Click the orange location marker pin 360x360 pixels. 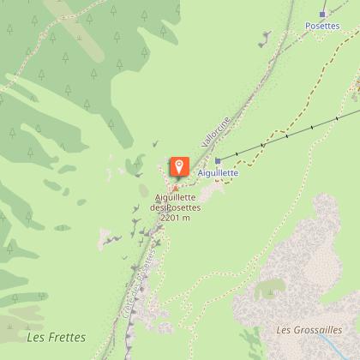point(179,165)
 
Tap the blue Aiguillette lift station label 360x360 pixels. point(218,172)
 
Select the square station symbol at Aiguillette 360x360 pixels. point(218,160)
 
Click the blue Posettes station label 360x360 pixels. point(322,26)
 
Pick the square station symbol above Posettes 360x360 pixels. point(322,14)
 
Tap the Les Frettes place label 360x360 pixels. point(50,337)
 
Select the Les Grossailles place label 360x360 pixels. point(309,329)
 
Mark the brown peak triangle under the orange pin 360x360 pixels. point(176,188)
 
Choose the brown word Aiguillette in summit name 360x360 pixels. point(176,198)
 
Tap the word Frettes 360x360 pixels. point(57,337)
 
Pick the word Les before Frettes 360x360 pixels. point(33,337)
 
